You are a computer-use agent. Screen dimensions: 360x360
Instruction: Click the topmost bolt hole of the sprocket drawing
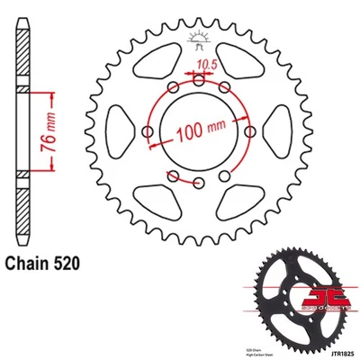pos(198,81)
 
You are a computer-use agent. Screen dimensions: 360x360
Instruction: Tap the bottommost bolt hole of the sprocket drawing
pos(198,184)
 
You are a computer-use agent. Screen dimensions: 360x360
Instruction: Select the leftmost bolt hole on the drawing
pos(147,133)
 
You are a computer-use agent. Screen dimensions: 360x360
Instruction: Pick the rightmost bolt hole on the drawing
pos(249,133)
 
